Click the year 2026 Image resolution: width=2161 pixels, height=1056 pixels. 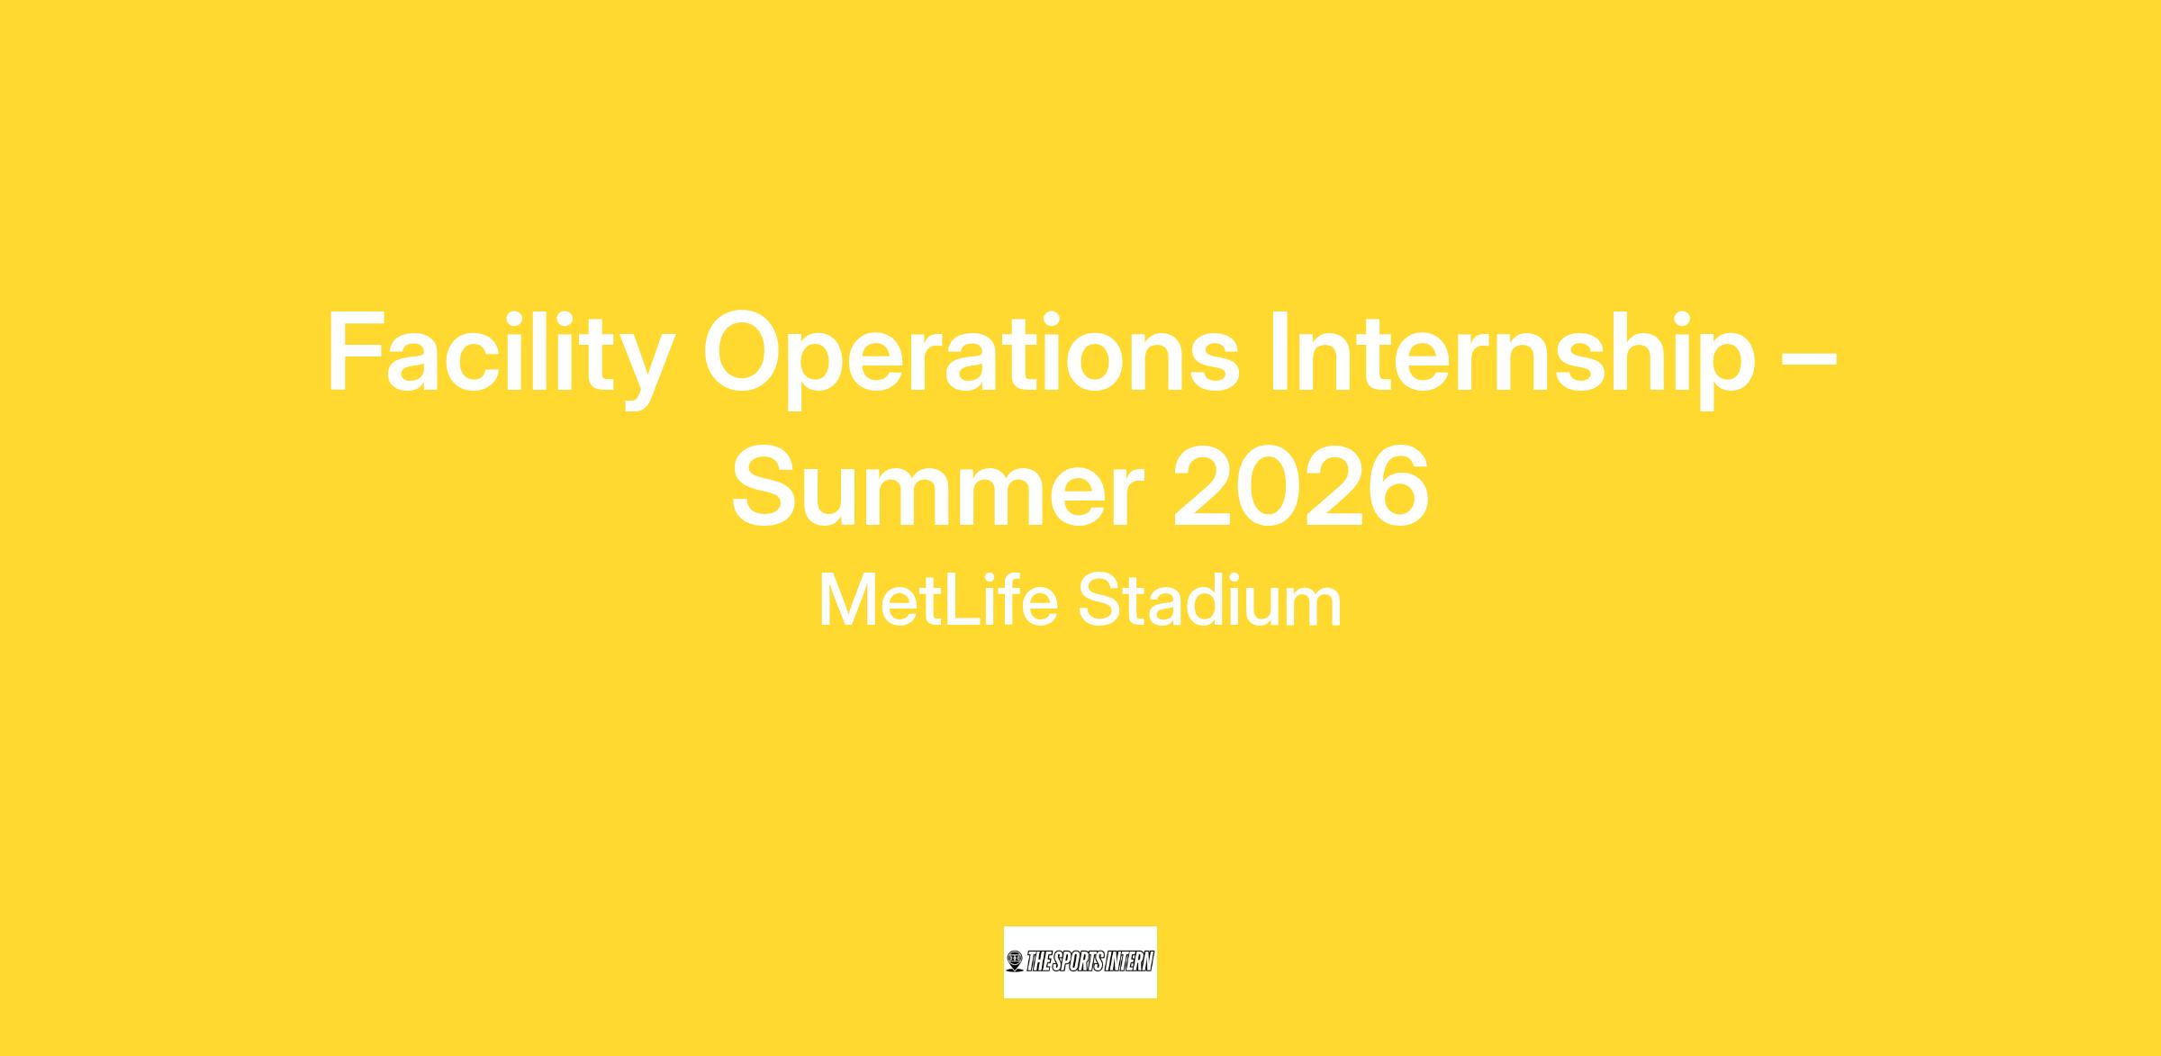[1301, 487]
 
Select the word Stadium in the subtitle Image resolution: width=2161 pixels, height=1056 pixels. [1210, 600]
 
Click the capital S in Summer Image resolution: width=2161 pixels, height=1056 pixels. [768, 486]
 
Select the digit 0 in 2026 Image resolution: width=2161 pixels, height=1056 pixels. [1269, 487]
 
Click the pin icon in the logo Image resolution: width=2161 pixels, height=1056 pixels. [1016, 961]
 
